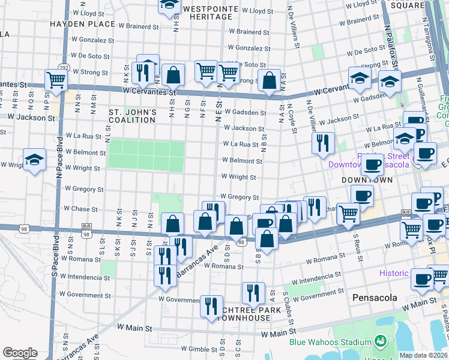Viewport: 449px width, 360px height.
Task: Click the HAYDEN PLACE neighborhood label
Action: [82, 24]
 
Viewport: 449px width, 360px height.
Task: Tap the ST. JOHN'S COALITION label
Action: [132, 116]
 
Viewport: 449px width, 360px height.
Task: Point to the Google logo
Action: [20, 353]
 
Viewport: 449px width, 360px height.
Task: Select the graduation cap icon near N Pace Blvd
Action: [35, 159]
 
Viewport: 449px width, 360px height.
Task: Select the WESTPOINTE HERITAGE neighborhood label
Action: [207, 13]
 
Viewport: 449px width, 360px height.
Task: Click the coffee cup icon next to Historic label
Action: [422, 278]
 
